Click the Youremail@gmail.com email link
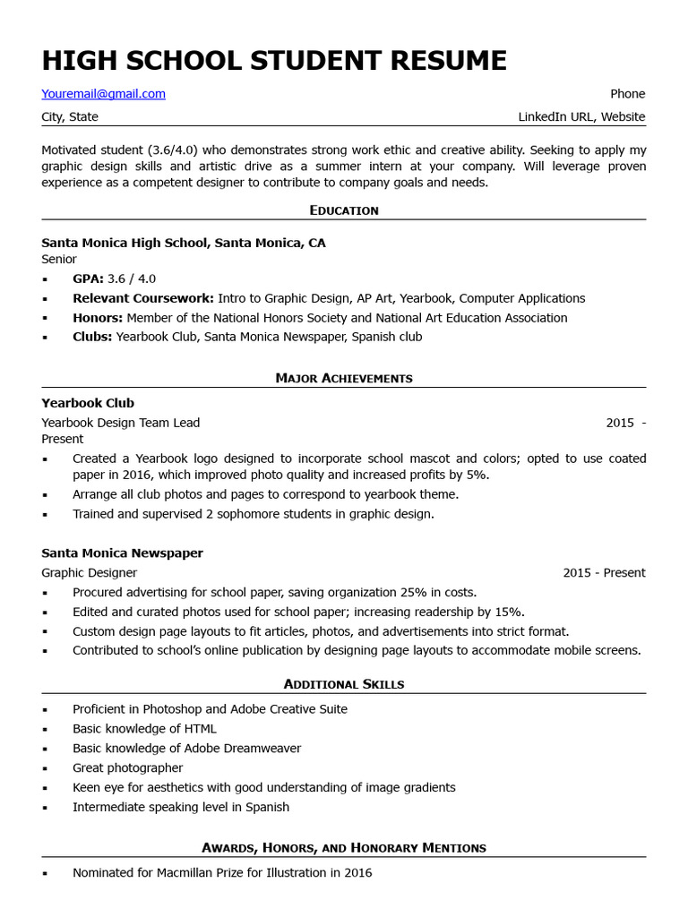click(x=103, y=94)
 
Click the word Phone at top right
click(x=627, y=94)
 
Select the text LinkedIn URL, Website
click(x=580, y=117)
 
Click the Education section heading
click(x=344, y=210)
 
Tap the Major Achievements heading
click(x=344, y=378)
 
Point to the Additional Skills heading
click(x=344, y=684)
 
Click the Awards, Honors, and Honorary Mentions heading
click(x=344, y=847)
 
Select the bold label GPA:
click(x=88, y=279)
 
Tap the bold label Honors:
click(x=98, y=318)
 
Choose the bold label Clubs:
click(x=92, y=338)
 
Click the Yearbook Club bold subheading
click(x=88, y=403)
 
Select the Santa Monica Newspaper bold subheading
click(x=122, y=553)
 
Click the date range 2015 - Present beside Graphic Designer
click(x=604, y=573)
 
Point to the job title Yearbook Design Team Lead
click(x=121, y=423)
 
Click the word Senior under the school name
click(x=59, y=260)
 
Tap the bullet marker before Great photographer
click(x=46, y=768)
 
